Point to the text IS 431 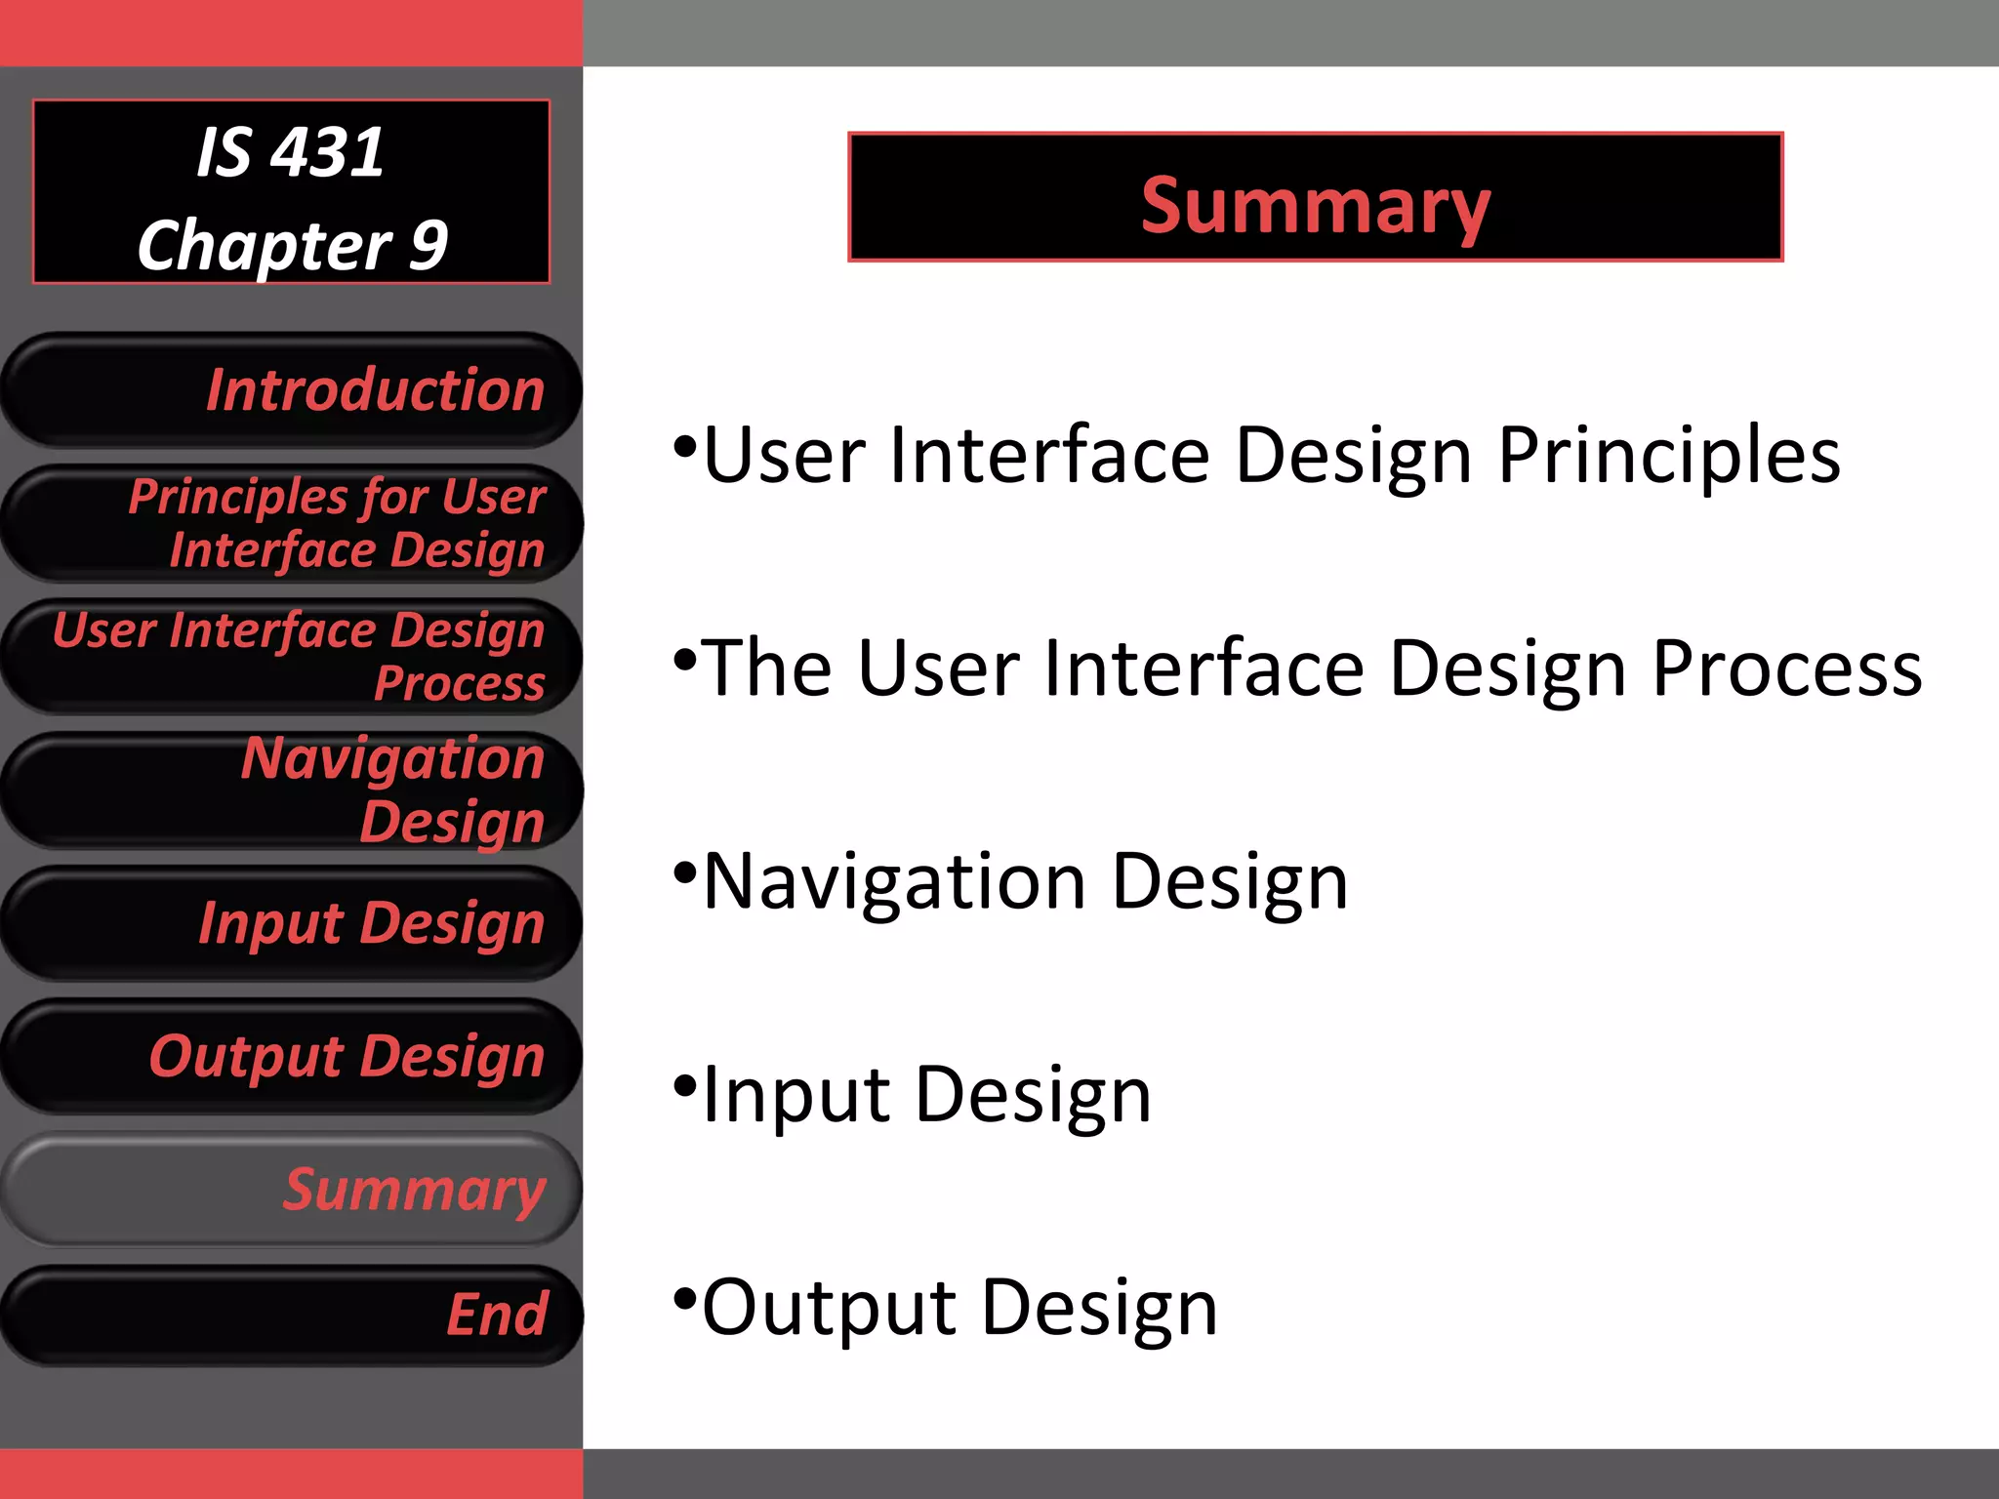[x=290, y=152]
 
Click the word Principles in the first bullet [x=1668, y=456]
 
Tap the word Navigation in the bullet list [x=894, y=881]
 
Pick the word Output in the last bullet [x=829, y=1307]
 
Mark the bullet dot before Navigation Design [x=685, y=871]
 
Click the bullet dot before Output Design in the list [x=685, y=1298]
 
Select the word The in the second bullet [x=767, y=668]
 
